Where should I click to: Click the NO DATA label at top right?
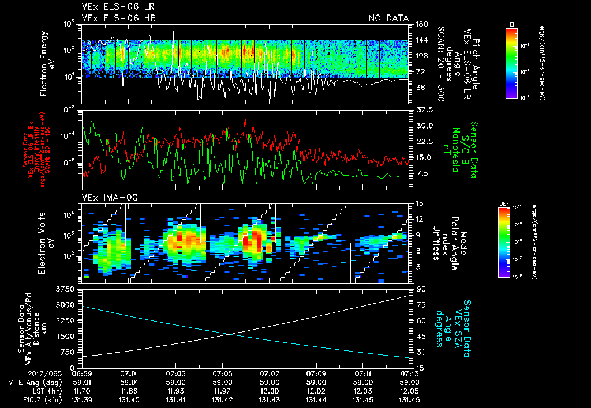(x=388, y=18)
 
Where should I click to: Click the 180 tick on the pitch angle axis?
(x=421, y=24)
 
